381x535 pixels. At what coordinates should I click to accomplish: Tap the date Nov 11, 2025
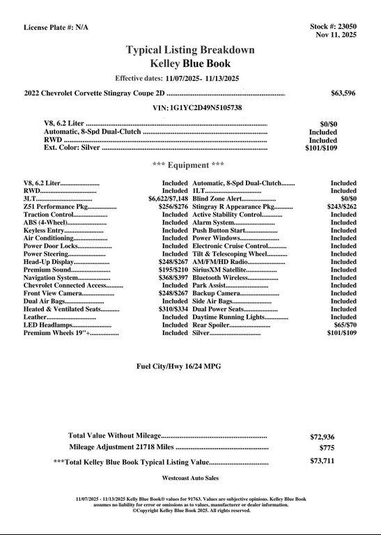pyautogui.click(x=336, y=34)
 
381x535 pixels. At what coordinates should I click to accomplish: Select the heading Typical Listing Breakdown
pyautogui.click(x=190, y=50)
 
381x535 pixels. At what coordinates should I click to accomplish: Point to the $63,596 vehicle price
pyautogui.click(x=343, y=93)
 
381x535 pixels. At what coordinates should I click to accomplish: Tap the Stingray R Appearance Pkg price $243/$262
pyautogui.click(x=341, y=207)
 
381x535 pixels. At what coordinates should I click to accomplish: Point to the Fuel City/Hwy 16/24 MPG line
pyautogui.click(x=187, y=366)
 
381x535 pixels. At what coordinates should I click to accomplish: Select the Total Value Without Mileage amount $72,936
pyautogui.click(x=322, y=437)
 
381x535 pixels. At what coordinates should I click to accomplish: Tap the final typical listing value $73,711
pyautogui.click(x=322, y=461)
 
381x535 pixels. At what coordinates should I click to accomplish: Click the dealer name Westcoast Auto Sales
pyautogui.click(x=190, y=479)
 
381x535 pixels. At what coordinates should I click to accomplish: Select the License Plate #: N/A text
pyautogui.click(x=56, y=27)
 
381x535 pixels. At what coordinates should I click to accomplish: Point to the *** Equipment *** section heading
pyautogui.click(x=188, y=165)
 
